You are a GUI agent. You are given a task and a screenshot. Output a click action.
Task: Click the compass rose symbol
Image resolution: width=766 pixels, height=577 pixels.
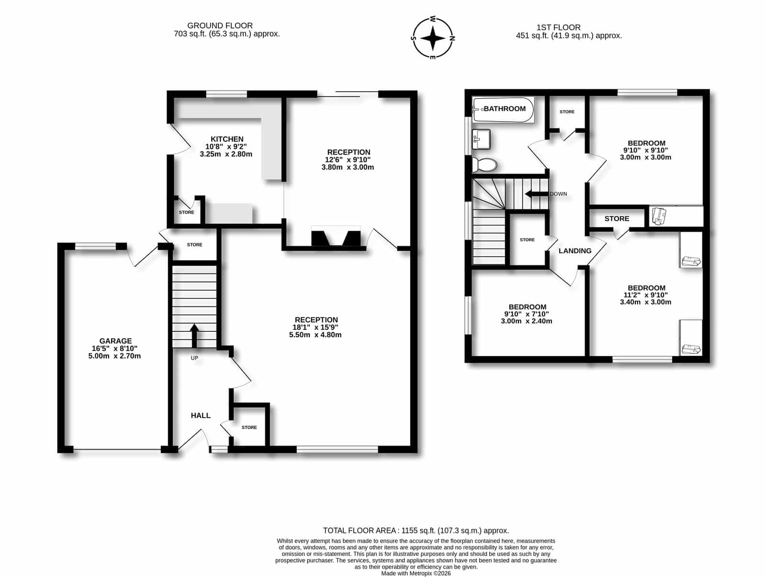[433, 38]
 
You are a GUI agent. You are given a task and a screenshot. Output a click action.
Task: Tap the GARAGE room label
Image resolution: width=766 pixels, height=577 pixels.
[115, 340]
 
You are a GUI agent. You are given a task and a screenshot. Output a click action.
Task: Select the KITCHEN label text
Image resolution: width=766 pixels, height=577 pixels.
[227, 139]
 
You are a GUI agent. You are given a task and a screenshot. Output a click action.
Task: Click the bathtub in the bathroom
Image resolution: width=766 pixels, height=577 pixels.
[503, 110]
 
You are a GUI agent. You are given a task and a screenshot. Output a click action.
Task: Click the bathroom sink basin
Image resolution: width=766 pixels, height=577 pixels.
[481, 140]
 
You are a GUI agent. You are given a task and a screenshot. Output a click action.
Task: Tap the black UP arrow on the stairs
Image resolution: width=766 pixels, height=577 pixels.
[194, 336]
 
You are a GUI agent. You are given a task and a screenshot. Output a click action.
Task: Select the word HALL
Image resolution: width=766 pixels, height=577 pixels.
[201, 415]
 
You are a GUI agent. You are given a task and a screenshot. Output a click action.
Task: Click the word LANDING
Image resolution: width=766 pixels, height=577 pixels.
[575, 250]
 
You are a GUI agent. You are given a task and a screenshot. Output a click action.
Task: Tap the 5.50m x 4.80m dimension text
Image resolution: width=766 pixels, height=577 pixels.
[315, 335]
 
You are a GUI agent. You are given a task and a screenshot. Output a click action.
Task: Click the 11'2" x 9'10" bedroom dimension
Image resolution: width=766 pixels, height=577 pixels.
[646, 295]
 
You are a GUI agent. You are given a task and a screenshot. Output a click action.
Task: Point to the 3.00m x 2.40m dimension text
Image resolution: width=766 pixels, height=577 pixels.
[527, 321]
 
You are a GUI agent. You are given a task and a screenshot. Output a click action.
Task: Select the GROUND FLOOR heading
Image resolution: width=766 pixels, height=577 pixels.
[220, 25]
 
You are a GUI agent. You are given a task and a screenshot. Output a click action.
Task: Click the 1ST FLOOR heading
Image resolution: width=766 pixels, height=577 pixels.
[558, 27]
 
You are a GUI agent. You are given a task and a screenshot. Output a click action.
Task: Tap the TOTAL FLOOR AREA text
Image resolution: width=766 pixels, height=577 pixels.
[360, 531]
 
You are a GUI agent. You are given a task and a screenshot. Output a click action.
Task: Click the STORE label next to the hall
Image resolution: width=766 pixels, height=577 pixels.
[249, 427]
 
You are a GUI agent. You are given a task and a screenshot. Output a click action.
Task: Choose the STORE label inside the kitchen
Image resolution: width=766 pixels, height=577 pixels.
[186, 212]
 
